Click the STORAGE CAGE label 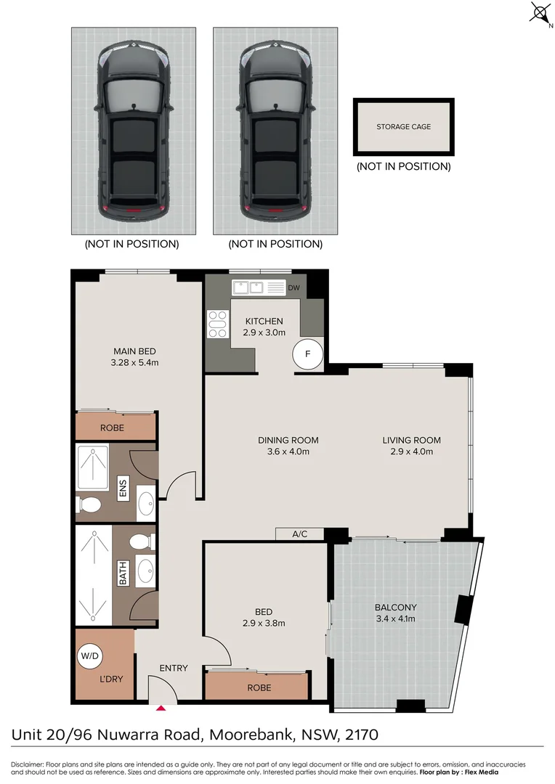tap(403, 127)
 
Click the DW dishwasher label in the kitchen tap(293, 287)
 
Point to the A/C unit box tap(299, 534)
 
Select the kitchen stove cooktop tap(217, 324)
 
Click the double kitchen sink tap(248, 287)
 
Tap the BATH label tap(123, 576)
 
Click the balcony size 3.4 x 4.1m tap(395, 618)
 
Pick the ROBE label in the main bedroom tap(112, 428)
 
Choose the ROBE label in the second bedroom tap(259, 687)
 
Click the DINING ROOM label tap(288, 440)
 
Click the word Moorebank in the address tap(248, 735)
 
